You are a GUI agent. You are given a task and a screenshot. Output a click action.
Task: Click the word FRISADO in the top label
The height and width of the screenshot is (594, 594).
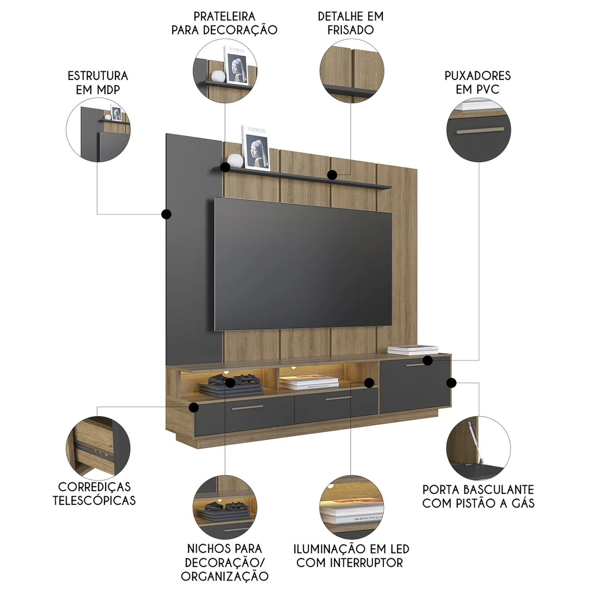click(x=350, y=30)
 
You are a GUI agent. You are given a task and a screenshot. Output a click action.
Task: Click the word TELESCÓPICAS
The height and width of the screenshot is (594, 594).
click(x=94, y=500)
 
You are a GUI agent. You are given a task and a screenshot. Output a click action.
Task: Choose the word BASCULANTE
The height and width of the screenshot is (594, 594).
click(x=499, y=489)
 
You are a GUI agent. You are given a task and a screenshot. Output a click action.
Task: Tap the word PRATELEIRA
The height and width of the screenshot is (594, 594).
click(x=224, y=17)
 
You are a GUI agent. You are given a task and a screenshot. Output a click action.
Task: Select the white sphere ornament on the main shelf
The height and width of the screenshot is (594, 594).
click(x=235, y=160)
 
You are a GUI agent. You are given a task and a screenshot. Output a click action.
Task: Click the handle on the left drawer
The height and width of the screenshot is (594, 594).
click(x=247, y=407)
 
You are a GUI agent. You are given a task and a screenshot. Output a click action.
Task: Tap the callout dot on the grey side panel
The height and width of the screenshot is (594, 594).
click(x=166, y=214)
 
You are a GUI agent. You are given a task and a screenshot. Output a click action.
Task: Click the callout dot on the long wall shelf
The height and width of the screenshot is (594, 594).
click(x=333, y=174)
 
